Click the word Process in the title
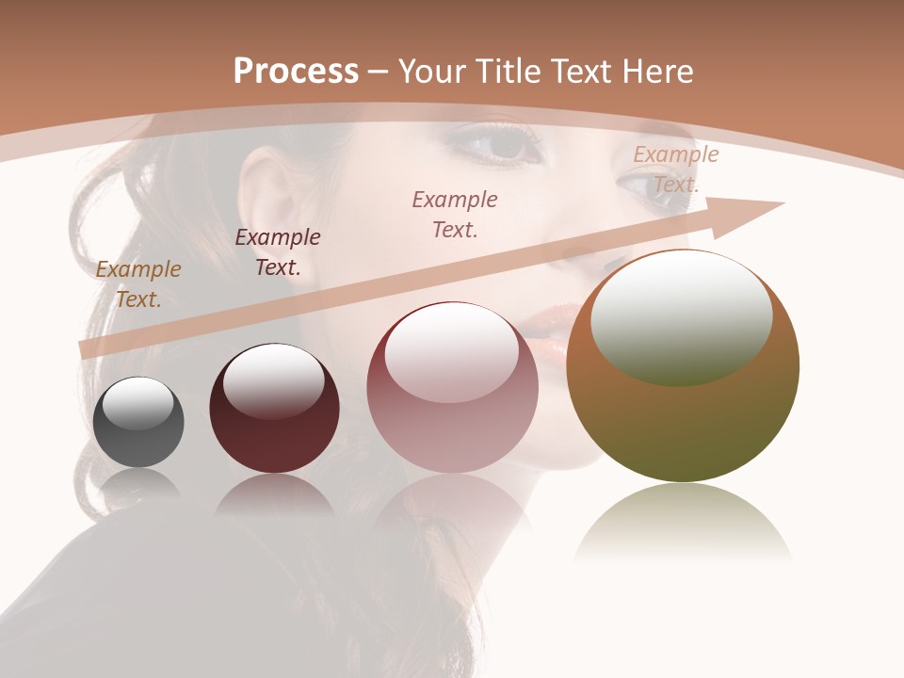point(296,72)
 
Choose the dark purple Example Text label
point(278,252)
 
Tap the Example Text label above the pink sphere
point(455,214)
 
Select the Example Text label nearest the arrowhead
point(676,169)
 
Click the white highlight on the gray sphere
point(137,402)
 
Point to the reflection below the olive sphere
point(683,523)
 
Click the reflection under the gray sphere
point(138,485)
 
